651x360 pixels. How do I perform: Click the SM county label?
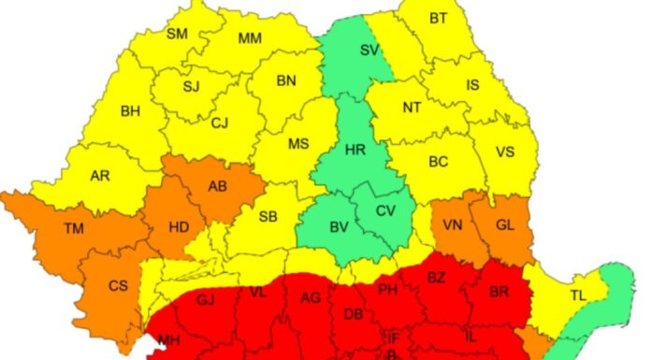[x=177, y=35]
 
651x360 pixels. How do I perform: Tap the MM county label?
[x=250, y=38]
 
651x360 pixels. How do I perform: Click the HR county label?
[x=354, y=150]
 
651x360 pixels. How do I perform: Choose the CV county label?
[x=385, y=210]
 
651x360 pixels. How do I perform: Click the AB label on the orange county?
[x=217, y=186]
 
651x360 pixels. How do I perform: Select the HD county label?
[x=178, y=225]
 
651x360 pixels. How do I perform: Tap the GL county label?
[x=505, y=224]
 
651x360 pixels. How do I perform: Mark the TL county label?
[x=578, y=295]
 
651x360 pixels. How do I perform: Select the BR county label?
[x=499, y=292]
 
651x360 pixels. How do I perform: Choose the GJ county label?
[x=206, y=299]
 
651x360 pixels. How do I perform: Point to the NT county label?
[x=412, y=108]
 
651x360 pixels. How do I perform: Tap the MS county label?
[x=297, y=143]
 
